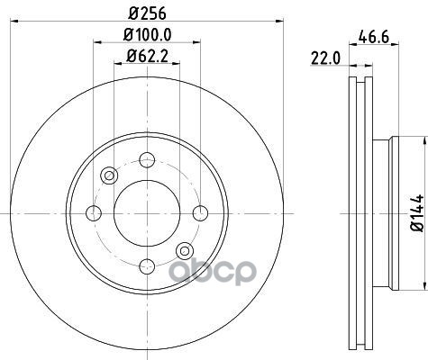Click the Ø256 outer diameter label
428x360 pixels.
pyautogui.click(x=147, y=13)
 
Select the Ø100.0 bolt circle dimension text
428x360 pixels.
pyautogui.click(x=147, y=35)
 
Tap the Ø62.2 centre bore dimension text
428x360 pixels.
pyautogui.click(x=147, y=56)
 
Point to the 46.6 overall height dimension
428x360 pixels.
pyautogui.click(x=374, y=38)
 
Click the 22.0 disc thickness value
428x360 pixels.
pyautogui.click(x=325, y=58)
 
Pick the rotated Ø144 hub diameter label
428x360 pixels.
pyautogui.click(x=417, y=212)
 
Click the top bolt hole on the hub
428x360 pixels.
pyautogui.click(x=147, y=160)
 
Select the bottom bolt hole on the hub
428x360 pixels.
pyautogui.click(x=147, y=266)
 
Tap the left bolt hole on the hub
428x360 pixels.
pyautogui.click(x=94, y=213)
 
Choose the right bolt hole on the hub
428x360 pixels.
pyautogui.click(x=200, y=213)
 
